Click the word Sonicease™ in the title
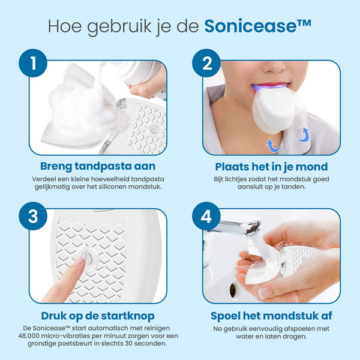[x=257, y=26]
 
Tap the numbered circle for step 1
[x=33, y=63]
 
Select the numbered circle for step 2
[x=206, y=63]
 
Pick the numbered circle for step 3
[x=33, y=216]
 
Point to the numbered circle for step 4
[x=206, y=216]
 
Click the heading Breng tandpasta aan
[x=98, y=166]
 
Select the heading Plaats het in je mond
[x=271, y=167]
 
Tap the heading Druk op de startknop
[x=98, y=316]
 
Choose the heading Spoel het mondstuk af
[x=271, y=316]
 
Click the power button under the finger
[x=88, y=259]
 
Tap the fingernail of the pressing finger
[x=79, y=260]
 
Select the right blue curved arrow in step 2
[x=304, y=135]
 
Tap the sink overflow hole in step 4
[x=233, y=290]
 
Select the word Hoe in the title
[x=65, y=26]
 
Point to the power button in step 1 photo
[x=153, y=129]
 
